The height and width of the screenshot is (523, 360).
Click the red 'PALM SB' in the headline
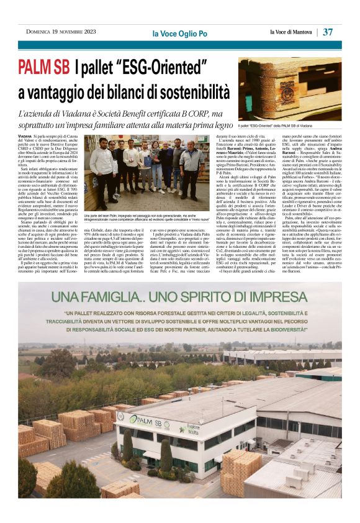(x=43, y=66)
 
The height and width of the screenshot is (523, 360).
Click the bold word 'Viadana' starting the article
(x=25, y=135)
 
